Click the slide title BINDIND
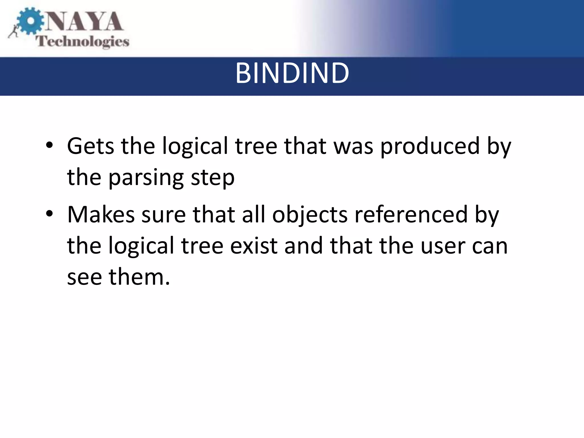coord(292,74)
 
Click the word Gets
coord(90,146)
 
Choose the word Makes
coord(101,214)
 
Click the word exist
coord(254,246)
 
